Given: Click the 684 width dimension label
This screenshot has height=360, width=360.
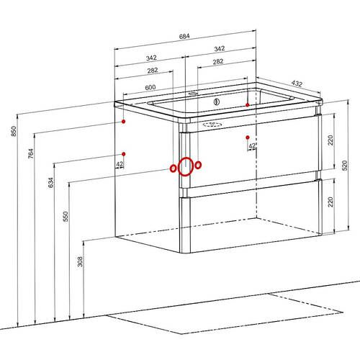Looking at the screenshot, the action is click(184, 36).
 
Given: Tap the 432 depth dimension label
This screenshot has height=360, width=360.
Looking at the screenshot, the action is click(297, 84).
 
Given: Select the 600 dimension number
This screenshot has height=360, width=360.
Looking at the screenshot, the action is click(150, 87).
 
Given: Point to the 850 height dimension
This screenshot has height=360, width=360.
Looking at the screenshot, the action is click(14, 131).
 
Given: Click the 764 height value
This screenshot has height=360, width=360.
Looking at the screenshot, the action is click(31, 153).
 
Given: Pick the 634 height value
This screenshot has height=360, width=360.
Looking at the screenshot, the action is click(51, 183).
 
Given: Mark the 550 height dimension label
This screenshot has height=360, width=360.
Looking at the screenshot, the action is click(66, 216).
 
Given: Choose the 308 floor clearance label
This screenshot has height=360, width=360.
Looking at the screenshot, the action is click(80, 261).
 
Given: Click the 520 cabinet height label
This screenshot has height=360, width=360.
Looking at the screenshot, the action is click(344, 166).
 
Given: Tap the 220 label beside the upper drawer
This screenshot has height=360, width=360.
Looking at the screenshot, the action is click(330, 140).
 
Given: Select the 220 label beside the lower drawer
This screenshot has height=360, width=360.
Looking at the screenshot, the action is click(330, 202).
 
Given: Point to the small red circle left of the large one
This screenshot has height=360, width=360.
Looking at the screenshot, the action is click(173, 168).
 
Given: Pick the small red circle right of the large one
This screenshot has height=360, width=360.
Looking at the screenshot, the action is click(198, 165).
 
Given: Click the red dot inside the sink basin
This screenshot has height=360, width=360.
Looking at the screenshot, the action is click(248, 104).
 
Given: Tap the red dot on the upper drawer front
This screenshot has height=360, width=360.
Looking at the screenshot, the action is click(248, 138).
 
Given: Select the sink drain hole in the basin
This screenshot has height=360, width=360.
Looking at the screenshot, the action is click(217, 102).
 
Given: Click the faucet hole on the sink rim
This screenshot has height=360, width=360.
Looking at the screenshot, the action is click(192, 94).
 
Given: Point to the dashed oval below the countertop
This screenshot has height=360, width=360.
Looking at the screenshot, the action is click(212, 125).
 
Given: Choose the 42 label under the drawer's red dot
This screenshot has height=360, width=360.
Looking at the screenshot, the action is click(252, 146).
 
